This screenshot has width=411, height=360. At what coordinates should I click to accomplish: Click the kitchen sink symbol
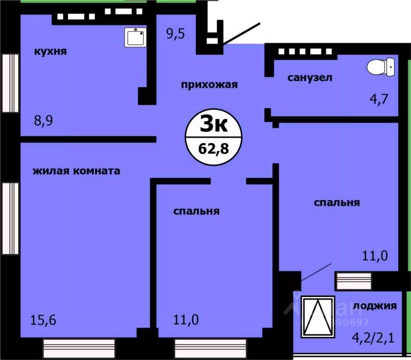[136, 37]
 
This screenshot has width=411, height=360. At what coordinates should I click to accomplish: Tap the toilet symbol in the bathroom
[381, 66]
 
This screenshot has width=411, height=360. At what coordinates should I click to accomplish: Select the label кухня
[50, 52]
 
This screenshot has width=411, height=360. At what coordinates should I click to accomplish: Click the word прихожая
[210, 85]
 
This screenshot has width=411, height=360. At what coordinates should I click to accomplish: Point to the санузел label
[310, 77]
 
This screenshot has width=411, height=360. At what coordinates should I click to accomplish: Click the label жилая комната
[76, 171]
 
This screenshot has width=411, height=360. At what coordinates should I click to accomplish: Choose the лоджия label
[375, 306]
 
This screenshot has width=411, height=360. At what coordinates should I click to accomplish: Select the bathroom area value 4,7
[379, 98]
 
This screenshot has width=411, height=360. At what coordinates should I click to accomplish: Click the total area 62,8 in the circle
[213, 149]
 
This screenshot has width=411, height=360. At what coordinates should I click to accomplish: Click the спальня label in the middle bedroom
[196, 211]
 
